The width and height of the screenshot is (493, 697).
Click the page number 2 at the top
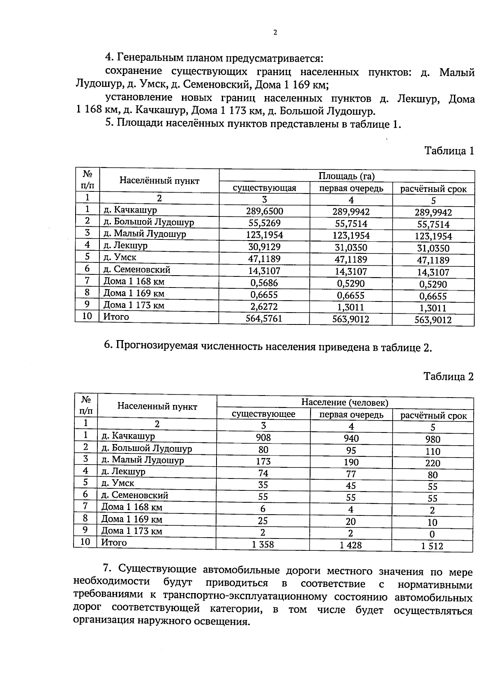coord(275,33)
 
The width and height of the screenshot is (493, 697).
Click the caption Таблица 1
coord(449,151)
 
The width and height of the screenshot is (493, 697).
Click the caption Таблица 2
coord(449,377)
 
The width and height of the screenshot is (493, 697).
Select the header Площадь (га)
coord(347,176)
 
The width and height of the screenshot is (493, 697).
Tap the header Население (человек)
coord(345,403)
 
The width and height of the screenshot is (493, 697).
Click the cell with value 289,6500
coord(265,212)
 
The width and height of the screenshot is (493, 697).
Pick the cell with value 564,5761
coord(265,318)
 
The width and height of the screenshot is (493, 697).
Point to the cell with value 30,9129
coord(265,247)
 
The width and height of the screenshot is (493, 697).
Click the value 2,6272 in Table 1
coord(265,306)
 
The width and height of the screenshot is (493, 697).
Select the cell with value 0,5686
coord(265,283)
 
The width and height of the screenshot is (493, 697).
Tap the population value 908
coord(263,437)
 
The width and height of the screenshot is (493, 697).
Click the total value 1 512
coord(432,546)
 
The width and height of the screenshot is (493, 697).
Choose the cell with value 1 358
coord(263,545)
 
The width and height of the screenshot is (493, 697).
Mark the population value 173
coord(263,461)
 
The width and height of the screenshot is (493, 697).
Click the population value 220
coord(433,463)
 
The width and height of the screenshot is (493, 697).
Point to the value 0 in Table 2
coord(432,534)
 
